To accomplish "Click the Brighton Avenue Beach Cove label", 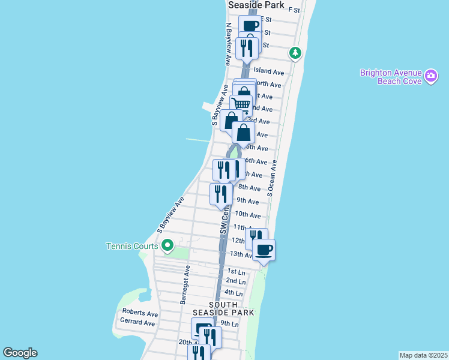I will [390, 77].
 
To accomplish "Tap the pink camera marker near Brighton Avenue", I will [430, 76].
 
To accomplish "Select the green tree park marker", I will [295, 53].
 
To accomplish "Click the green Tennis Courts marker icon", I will [167, 245].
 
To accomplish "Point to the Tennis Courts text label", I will [132, 246].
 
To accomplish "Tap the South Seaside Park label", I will [223, 308].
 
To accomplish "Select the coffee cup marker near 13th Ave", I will [264, 249].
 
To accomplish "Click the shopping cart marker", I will [241, 104].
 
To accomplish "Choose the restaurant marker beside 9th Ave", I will [221, 193].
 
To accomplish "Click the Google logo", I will [20, 353].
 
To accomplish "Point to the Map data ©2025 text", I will [423, 355].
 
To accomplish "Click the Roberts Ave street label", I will [140, 313].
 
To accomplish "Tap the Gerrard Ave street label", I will [137, 322].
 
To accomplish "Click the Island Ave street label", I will [268, 72].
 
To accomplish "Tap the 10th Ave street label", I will [248, 214].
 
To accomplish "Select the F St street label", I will [294, 10].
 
